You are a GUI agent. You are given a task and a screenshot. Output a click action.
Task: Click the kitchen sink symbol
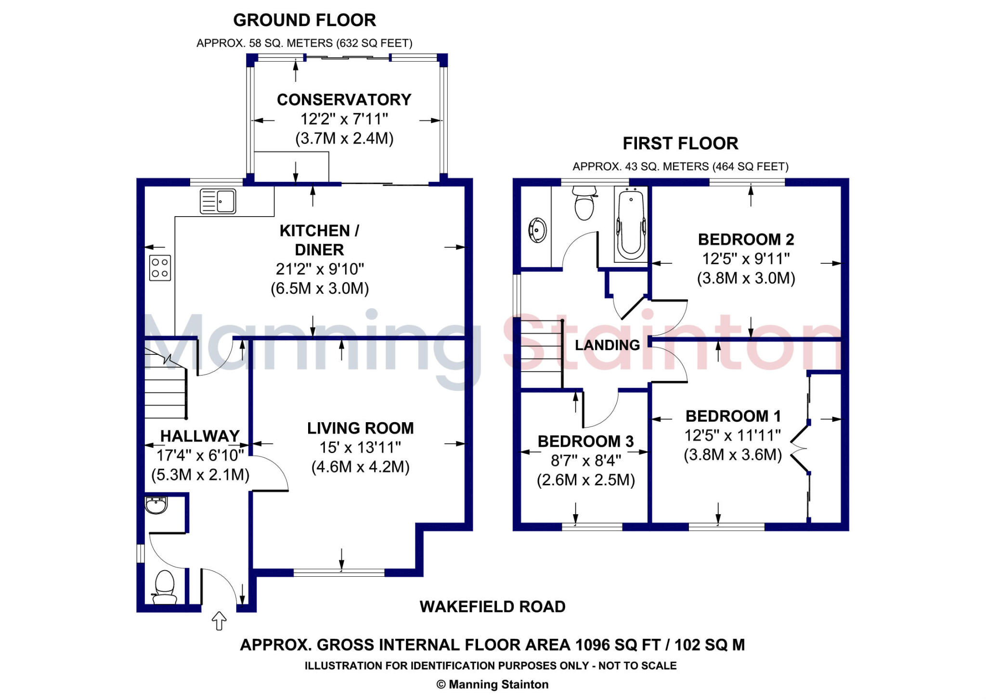coord(218,201)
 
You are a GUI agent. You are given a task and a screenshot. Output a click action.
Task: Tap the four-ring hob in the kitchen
coord(160,268)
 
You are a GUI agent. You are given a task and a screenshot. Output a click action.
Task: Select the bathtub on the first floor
coord(631,225)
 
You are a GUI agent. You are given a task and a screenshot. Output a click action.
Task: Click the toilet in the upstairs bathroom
coord(584,203)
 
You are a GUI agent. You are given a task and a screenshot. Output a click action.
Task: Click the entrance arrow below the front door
coord(219,621)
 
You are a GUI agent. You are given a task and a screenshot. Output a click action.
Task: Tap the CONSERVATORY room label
coord(344,100)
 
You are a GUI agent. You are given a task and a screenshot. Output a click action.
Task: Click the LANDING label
coord(607,345)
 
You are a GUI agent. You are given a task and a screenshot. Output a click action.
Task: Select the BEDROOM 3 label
coord(585,441)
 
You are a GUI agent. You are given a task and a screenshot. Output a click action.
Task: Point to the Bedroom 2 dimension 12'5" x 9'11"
coord(746,259)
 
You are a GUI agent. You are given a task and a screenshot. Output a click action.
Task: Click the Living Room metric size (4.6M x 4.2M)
coord(360,467)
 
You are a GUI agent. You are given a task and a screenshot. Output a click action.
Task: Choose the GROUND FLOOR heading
coord(304,20)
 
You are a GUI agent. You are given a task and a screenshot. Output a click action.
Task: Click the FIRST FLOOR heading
coord(680,143)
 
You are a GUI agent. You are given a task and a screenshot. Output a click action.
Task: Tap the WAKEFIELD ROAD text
coord(493,607)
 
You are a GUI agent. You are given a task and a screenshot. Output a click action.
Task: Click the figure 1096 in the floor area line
coord(595,645)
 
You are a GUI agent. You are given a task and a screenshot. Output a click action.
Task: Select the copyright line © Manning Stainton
coord(493,685)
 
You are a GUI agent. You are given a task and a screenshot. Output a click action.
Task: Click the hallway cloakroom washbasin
coord(156,505)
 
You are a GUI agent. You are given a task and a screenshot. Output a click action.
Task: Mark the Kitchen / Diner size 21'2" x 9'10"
coord(320,269)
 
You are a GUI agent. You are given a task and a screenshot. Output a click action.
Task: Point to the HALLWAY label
coord(200,436)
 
